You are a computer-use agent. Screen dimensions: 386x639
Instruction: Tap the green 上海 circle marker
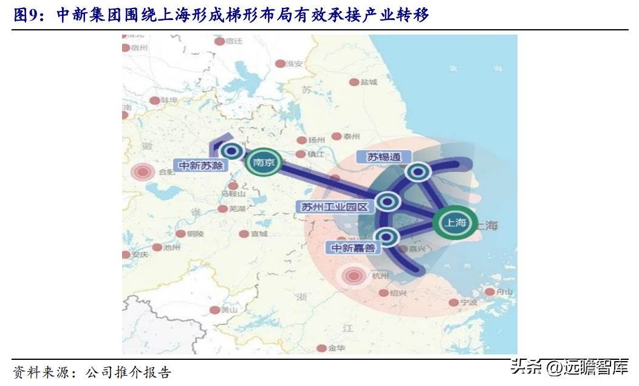(x=454, y=222)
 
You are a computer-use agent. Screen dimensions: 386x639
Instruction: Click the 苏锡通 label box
(x=384, y=157)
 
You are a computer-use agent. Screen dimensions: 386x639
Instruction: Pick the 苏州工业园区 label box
(x=335, y=207)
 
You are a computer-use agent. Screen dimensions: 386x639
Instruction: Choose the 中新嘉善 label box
(x=352, y=248)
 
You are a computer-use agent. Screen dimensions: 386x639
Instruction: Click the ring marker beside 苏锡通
(x=418, y=173)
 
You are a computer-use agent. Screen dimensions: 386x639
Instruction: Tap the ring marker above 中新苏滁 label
(x=231, y=151)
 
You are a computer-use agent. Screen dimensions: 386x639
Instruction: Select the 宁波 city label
(x=469, y=302)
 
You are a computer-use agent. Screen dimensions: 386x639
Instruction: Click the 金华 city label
(x=337, y=348)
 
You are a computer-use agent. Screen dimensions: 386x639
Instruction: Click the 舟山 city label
(x=504, y=292)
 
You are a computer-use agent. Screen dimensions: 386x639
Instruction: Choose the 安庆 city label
(x=140, y=255)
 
